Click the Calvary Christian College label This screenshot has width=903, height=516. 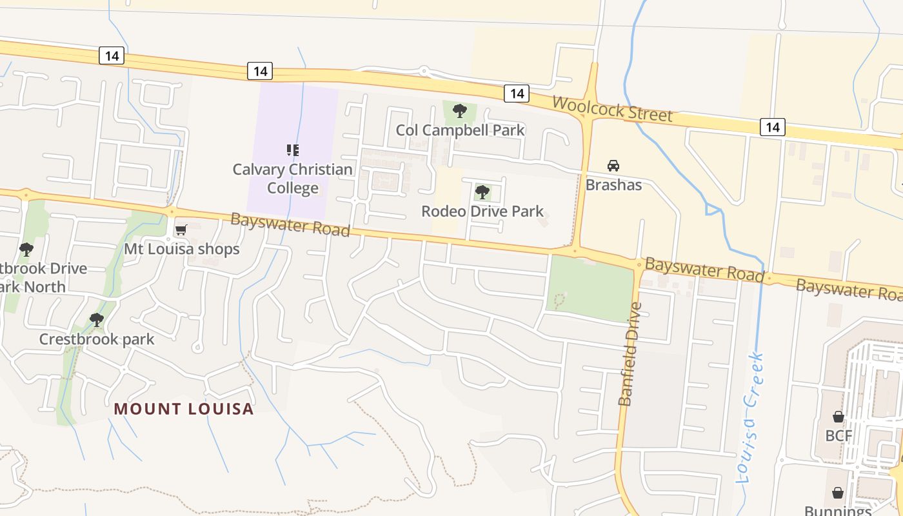(292, 179)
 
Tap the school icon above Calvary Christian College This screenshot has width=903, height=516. (292, 150)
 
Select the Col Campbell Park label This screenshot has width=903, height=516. (460, 130)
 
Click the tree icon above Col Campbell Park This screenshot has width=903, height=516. (460, 111)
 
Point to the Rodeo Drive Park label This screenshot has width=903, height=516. (482, 211)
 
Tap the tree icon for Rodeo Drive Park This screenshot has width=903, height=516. (482, 192)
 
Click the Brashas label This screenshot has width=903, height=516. (613, 185)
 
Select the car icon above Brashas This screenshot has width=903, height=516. (613, 166)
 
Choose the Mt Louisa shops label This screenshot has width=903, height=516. (181, 249)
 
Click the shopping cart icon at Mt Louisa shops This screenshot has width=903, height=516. (181, 230)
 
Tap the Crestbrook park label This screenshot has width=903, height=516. (97, 339)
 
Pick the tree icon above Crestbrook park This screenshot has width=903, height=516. (97, 319)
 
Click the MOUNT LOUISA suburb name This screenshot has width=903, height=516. (184, 409)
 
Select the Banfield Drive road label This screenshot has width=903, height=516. (630, 354)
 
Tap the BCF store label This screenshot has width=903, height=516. (838, 435)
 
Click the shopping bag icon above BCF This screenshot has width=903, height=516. (838, 416)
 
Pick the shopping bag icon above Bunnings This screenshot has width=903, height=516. (837, 493)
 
